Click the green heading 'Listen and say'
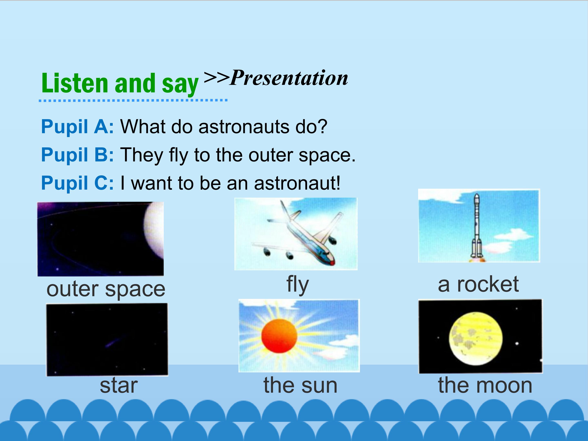pos(120,84)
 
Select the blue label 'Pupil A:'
pos(77,127)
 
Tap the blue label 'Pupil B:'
pos(77,155)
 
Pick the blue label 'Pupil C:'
pos(77,183)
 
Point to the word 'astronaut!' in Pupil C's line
pos(297,183)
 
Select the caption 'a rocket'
pos(478,284)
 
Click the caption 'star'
pos(119,386)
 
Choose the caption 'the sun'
pos(300,385)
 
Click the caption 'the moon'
pos(485,385)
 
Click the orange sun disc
pos(279,336)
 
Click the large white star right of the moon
pos(517,343)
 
